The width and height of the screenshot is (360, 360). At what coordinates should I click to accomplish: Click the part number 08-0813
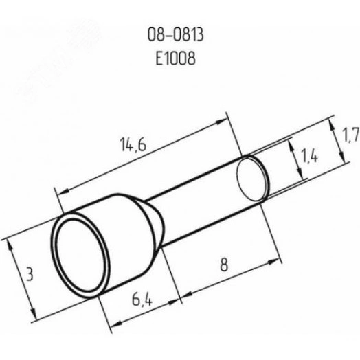(x=175, y=35)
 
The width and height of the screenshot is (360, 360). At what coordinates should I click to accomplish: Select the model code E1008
(x=176, y=58)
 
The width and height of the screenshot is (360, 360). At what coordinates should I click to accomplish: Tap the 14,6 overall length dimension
(x=133, y=145)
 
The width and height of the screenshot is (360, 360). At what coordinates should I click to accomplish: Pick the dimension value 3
(x=30, y=273)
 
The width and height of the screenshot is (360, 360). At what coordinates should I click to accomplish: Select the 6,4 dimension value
(x=142, y=299)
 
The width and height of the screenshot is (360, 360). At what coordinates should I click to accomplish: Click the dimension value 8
(x=224, y=265)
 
